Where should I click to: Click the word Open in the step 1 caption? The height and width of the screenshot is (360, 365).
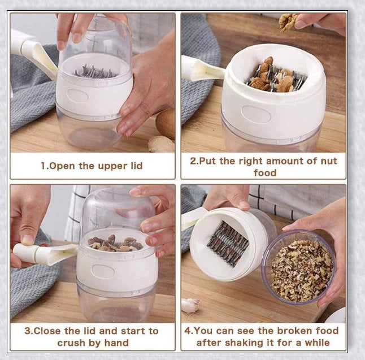point(61,166)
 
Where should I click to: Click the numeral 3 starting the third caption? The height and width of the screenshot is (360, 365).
point(26,331)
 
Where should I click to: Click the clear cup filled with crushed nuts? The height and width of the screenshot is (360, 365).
point(298,268)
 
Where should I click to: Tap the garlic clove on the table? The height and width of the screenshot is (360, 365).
point(191,305)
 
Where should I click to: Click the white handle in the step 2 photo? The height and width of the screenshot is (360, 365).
point(201,70)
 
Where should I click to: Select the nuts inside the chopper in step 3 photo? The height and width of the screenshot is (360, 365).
point(113,243)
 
